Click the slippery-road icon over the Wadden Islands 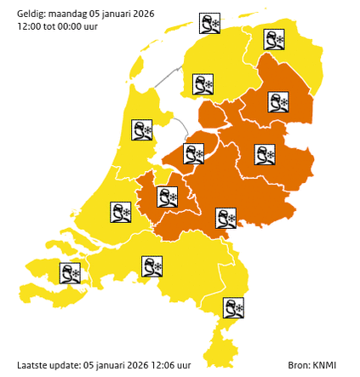pyautogui.click(x=209, y=23)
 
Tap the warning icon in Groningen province pyautogui.click(x=274, y=40)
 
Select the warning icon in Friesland pyautogui.click(x=203, y=85)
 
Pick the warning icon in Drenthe pyautogui.click(x=277, y=102)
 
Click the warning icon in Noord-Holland pyautogui.click(x=142, y=130)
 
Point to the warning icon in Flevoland pyautogui.click(x=195, y=153)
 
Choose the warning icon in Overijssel pyautogui.click(x=266, y=154)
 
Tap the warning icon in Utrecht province pyautogui.click(x=168, y=197)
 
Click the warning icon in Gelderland pyautogui.click(x=226, y=219)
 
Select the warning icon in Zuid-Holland pyautogui.click(x=121, y=212)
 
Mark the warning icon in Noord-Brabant pyautogui.click(x=152, y=266)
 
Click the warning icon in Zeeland pyautogui.click(x=70, y=273)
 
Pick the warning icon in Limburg pyautogui.click(x=233, y=307)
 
